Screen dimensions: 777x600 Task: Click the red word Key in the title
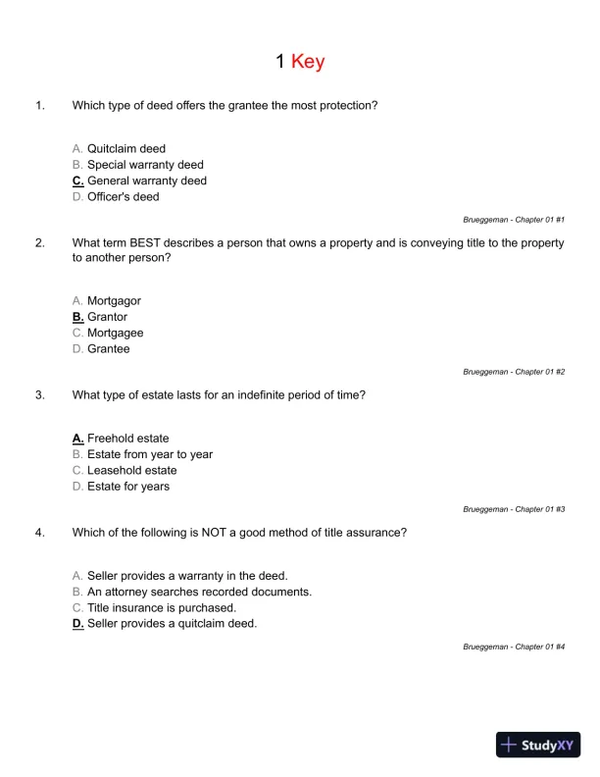[x=307, y=62]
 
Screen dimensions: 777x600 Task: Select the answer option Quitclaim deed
[x=125, y=149]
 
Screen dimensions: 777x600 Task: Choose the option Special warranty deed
[x=145, y=165]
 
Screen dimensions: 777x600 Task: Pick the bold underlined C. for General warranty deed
[x=77, y=181]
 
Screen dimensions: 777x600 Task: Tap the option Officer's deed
[x=123, y=196]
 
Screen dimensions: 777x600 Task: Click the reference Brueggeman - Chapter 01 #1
[x=514, y=220]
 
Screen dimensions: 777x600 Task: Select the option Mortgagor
[x=114, y=301]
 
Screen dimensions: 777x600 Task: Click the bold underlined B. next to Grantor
[x=77, y=317]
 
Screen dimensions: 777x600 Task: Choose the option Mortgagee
[x=115, y=333]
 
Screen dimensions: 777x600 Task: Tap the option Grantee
[x=108, y=348]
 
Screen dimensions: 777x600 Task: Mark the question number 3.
[x=39, y=395]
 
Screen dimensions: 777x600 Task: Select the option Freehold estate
[x=127, y=439]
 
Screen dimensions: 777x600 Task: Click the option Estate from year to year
[x=149, y=454]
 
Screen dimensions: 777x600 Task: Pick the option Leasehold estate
[x=131, y=470]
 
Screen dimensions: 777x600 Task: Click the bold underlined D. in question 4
[x=77, y=623]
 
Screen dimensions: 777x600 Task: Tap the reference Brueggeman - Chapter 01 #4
[x=514, y=647]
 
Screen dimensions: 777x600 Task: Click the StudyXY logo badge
[x=538, y=745]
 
